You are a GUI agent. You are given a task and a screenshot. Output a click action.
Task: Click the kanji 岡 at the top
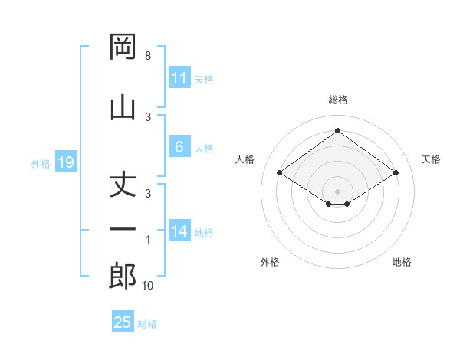123,47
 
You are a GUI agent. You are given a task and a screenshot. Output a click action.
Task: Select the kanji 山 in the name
123,106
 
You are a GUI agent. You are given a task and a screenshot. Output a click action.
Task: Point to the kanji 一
123,230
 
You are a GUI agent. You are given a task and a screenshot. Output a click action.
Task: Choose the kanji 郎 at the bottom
123,276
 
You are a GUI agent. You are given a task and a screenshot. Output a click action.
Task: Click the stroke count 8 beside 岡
148,56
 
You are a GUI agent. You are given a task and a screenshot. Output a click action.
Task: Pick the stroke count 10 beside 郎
149,286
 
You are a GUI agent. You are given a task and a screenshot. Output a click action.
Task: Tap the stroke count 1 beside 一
148,240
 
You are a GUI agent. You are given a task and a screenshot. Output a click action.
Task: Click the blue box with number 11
179,78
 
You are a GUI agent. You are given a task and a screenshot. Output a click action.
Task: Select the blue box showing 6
179,147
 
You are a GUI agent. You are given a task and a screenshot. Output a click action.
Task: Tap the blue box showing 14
179,231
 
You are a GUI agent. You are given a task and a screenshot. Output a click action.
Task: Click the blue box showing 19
65,162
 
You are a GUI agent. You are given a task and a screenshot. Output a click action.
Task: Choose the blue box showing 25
123,322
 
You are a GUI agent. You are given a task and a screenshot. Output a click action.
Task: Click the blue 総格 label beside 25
147,324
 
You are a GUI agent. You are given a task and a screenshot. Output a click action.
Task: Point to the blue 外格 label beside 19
41,163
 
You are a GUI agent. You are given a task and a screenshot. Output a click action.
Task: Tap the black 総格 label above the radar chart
337,100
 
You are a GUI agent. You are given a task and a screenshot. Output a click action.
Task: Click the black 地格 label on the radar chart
402,262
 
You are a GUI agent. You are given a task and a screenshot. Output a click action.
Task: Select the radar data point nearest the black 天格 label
396,173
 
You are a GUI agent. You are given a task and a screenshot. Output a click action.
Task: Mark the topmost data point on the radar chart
337,130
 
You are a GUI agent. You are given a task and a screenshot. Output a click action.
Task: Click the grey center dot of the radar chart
337,191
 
